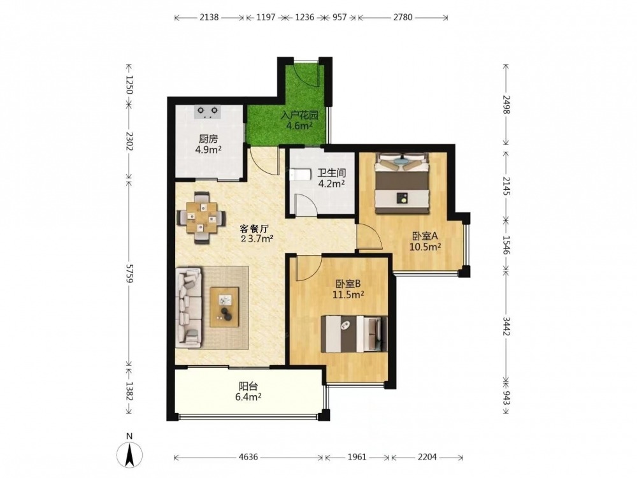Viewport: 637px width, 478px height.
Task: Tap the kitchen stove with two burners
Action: [x=208, y=112]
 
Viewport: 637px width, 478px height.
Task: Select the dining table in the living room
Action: [x=201, y=218]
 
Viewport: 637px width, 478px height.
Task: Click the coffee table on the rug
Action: [x=224, y=307]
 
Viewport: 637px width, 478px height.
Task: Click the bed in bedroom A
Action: [x=402, y=182]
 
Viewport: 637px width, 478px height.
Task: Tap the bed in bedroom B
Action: [x=354, y=334]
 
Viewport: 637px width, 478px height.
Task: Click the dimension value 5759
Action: [x=129, y=273]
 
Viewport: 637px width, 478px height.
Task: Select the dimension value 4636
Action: [x=248, y=457]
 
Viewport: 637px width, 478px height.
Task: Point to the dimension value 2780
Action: [x=403, y=17]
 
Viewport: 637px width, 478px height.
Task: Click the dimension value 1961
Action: [x=357, y=457]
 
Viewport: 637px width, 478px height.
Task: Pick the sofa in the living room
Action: [x=189, y=307]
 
